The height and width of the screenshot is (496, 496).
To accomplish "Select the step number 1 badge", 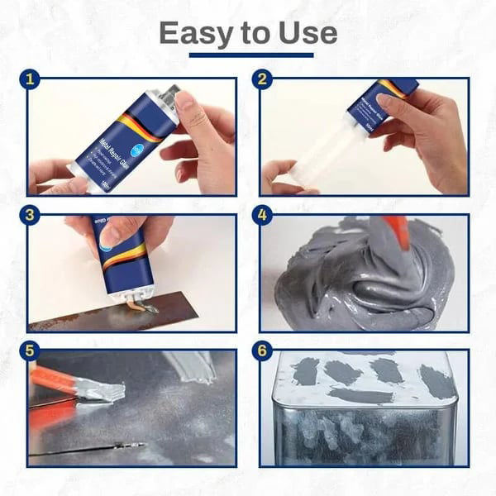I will (x=31, y=79).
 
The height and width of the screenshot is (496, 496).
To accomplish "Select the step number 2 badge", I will (x=264, y=79).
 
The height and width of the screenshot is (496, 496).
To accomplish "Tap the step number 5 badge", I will (x=31, y=351).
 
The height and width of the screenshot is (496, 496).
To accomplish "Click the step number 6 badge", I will (x=264, y=351).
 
